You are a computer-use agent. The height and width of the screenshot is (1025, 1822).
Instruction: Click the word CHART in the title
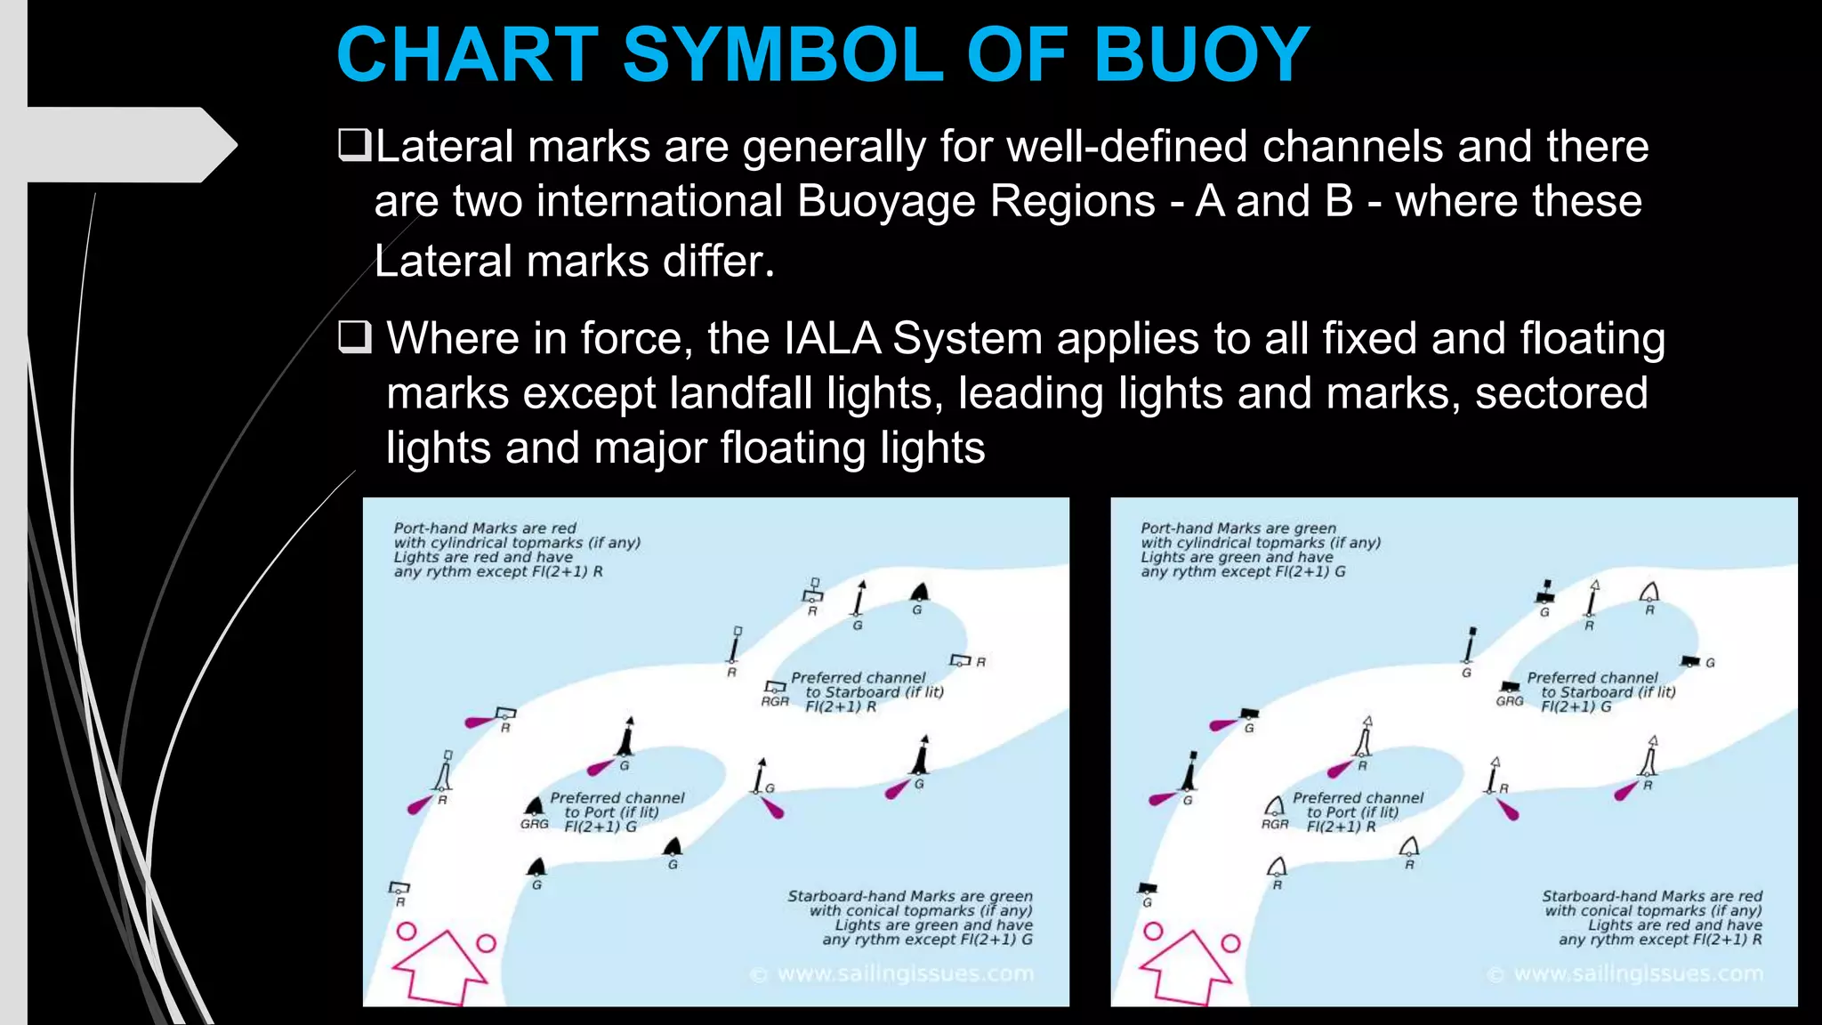pos(468,55)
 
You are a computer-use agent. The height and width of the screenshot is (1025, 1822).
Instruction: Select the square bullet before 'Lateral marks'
pos(354,145)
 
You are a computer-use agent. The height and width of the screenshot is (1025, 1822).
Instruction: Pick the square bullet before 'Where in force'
pos(354,338)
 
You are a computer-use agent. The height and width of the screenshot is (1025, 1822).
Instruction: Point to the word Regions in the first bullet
pos(1072,201)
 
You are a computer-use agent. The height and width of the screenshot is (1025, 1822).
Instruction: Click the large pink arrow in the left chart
pos(440,967)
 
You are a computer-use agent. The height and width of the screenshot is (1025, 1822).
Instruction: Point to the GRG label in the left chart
pos(535,824)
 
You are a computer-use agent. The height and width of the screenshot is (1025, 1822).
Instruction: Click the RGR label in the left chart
pos(775,701)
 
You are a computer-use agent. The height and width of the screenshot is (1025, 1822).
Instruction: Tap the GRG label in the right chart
pos(1510,701)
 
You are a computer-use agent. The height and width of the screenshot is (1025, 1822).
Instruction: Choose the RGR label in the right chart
pos(1275,824)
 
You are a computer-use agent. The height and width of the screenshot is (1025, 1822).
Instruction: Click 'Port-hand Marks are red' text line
pos(485,529)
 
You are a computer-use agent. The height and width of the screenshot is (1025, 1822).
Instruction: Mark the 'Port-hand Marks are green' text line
pos(1238,529)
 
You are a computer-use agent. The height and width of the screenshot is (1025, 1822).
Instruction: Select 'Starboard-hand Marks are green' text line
pos(910,896)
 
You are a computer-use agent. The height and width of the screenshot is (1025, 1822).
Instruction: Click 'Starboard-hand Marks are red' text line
pos(1652,896)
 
